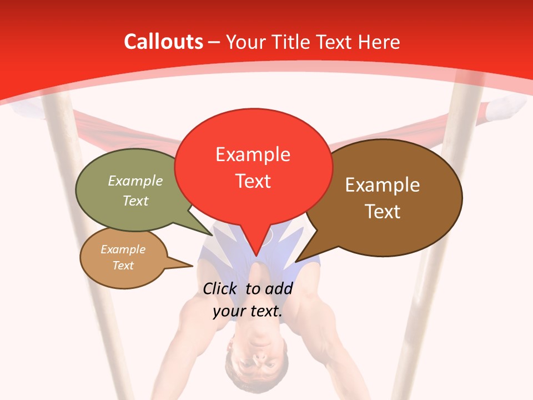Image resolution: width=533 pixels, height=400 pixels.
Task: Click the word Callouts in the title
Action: click(x=163, y=42)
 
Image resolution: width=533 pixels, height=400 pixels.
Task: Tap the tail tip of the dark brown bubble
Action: click(x=296, y=261)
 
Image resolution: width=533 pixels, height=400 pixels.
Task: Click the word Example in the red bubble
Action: click(x=253, y=154)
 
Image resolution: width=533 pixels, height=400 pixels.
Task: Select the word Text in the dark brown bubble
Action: click(x=383, y=211)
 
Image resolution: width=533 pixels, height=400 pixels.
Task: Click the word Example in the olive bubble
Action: click(x=135, y=181)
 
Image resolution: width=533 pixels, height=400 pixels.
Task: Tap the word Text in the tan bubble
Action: click(x=123, y=266)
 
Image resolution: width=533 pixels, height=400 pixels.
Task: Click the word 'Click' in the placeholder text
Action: click(x=220, y=288)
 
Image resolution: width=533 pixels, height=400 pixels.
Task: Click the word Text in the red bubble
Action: click(x=253, y=181)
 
